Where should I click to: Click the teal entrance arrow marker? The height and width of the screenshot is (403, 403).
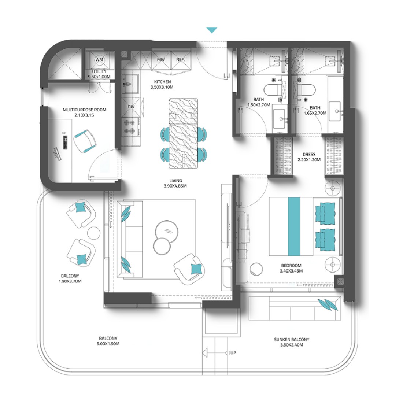tap(212, 30)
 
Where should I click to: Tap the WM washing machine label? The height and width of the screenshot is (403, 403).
tap(99, 60)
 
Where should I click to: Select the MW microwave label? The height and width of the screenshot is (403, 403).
tap(161, 60)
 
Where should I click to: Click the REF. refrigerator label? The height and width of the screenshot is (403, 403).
tap(180, 60)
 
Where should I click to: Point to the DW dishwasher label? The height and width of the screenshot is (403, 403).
tap(131, 107)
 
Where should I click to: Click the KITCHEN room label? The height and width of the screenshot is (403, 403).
tap(162, 82)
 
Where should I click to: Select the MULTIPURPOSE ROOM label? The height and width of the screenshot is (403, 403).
tap(85, 110)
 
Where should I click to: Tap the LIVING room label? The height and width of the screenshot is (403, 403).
tap(175, 181)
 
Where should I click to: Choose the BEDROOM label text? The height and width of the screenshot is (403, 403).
tap(291, 266)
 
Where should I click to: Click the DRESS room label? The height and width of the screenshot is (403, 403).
tap(309, 155)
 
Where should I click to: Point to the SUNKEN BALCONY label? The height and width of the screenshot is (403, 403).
tap(292, 340)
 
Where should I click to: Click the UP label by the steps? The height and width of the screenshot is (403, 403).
tap(233, 353)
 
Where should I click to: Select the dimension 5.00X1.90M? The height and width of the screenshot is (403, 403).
tap(108, 344)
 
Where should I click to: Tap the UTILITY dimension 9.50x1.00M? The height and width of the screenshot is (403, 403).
tap(99, 77)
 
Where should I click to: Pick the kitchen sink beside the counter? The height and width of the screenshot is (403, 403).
tap(130, 84)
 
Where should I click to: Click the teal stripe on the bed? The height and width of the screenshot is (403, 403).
tap(294, 226)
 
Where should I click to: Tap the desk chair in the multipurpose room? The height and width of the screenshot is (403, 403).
tap(85, 141)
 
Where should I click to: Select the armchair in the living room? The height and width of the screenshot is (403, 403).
tap(189, 269)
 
